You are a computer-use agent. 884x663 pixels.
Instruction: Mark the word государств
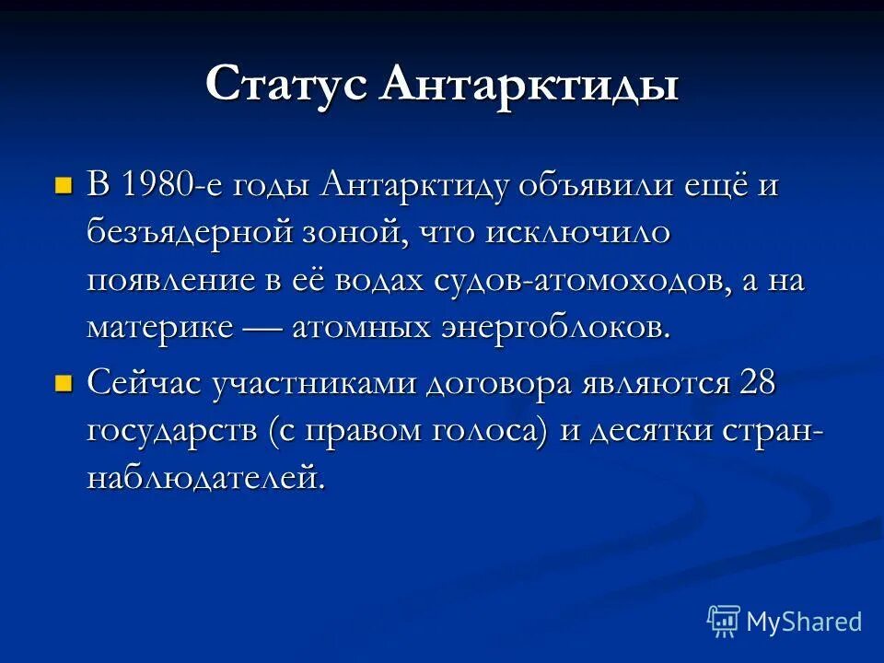(x=174, y=431)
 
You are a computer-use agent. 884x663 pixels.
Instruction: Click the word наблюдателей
(x=206, y=479)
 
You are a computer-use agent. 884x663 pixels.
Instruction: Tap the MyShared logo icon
(x=724, y=622)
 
